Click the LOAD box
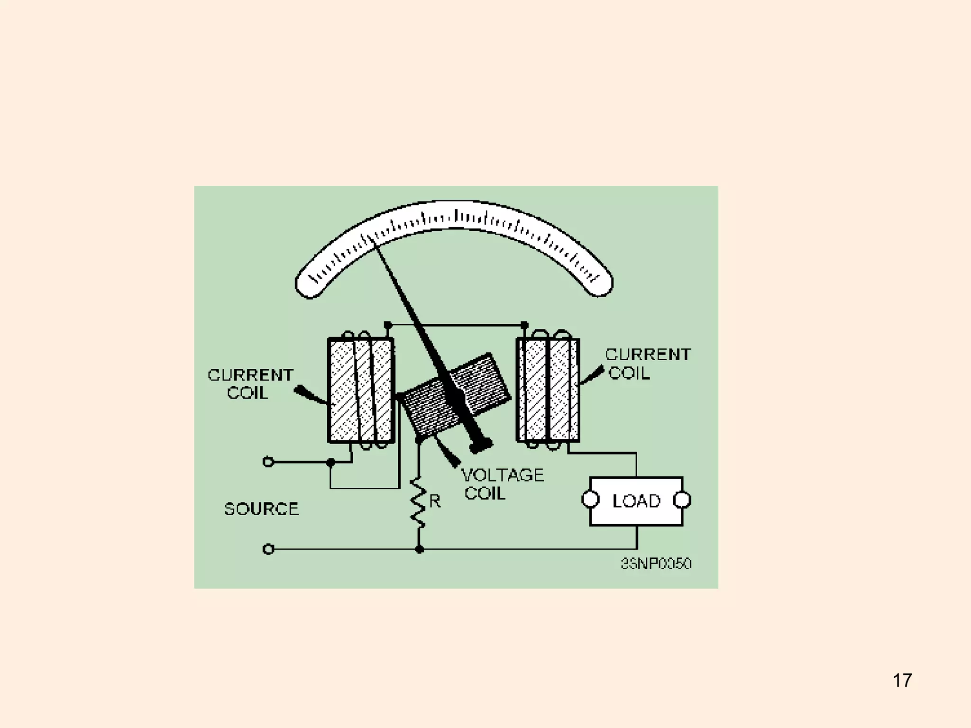click(x=636, y=501)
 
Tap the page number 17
click(x=902, y=680)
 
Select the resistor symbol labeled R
click(x=418, y=503)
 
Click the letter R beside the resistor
click(x=435, y=501)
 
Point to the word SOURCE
click(x=261, y=509)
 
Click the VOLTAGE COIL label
click(x=502, y=484)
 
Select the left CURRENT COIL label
click(x=250, y=384)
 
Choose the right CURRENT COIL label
click(x=648, y=364)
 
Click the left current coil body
click(x=361, y=391)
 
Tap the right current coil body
click(x=548, y=390)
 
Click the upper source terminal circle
click(x=268, y=462)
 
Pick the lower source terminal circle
click(x=268, y=549)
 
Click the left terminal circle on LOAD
click(x=590, y=500)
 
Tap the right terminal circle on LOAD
click(x=682, y=500)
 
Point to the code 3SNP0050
click(x=656, y=564)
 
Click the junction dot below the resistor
click(x=419, y=549)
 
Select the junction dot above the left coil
click(x=388, y=326)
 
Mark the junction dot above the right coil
click(x=524, y=325)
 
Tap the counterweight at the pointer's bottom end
click(x=481, y=446)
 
